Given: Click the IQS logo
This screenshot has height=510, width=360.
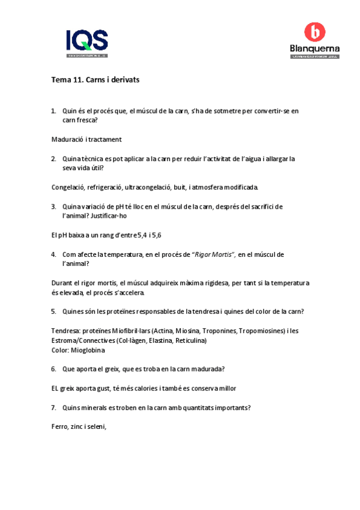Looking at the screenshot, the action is tap(87, 43).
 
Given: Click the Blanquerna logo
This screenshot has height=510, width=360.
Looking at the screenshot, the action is tap(314, 41).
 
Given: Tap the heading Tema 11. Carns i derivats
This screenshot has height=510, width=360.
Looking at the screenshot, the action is tap(96, 79).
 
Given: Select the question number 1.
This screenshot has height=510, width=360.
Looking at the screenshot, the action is tap(53, 111).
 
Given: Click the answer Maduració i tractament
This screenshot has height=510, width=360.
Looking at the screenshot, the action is tap(87, 140).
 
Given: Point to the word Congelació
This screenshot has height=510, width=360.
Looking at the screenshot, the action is tap(68, 187).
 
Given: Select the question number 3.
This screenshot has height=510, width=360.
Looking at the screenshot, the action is tap(53, 206).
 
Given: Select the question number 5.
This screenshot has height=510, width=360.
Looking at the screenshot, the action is tap(53, 311).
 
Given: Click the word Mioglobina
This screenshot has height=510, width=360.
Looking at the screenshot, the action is tap(88, 350).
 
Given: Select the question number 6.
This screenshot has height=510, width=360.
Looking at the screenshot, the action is tap(53, 369).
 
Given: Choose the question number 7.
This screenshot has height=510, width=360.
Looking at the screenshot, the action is tap(53, 407).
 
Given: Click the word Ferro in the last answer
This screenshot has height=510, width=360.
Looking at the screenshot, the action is tap(59, 426).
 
